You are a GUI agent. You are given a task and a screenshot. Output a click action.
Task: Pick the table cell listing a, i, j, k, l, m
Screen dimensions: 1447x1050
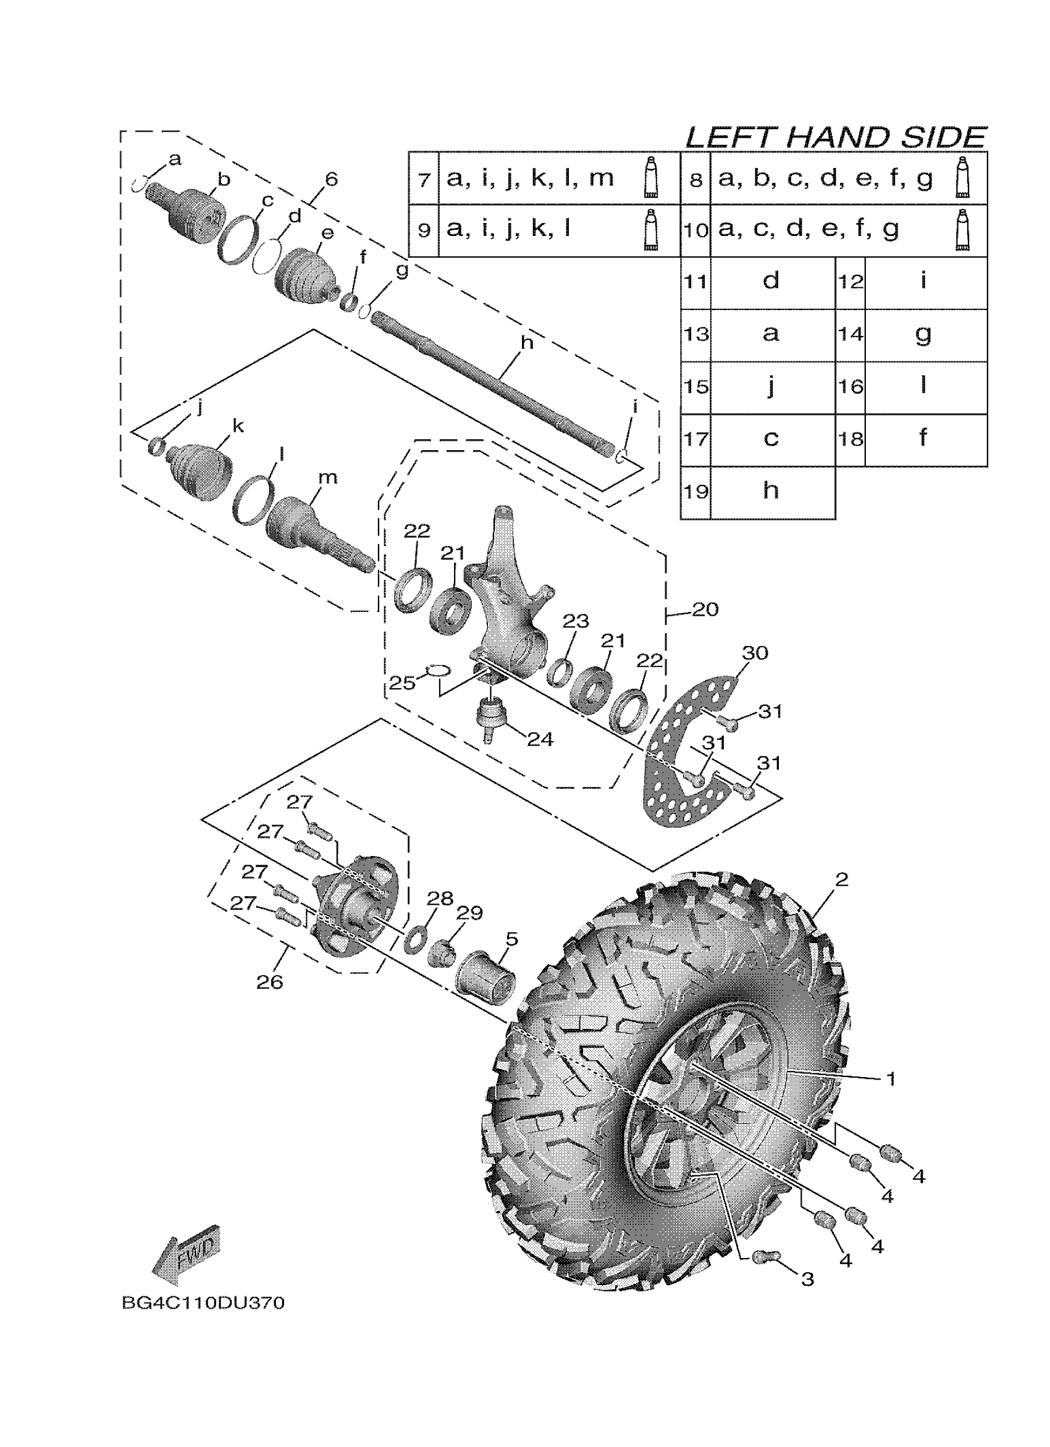[530, 178]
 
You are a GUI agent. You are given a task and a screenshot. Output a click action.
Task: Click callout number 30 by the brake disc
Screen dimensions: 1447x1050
[755, 653]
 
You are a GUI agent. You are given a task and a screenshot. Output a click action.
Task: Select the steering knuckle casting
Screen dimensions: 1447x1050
[507, 600]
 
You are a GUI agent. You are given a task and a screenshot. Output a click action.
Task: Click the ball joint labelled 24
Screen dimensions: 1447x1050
[492, 716]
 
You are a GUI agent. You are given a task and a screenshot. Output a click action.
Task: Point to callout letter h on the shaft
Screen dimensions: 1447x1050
[526, 343]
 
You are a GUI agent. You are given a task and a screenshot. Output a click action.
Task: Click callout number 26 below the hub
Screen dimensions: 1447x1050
[269, 982]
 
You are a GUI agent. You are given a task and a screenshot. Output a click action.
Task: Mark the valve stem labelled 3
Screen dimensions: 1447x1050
[763, 1257]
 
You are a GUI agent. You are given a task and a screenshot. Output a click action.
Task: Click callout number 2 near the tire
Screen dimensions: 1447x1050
[841, 880]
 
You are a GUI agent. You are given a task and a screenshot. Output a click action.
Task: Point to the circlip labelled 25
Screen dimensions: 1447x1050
[438, 669]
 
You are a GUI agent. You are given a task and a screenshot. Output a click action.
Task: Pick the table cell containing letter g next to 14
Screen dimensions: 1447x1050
[923, 334]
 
